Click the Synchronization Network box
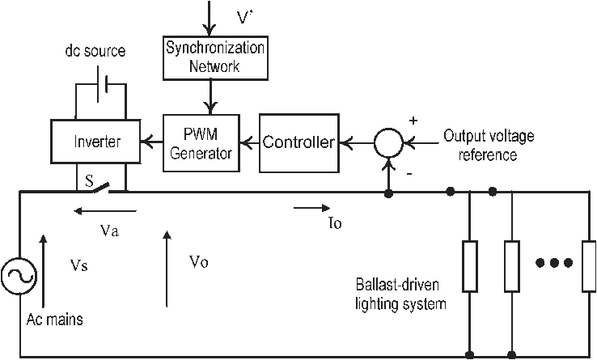point(215,57)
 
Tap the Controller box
point(298,143)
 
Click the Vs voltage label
point(80,265)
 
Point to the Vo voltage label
point(199,261)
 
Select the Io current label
point(332,225)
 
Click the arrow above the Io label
point(308,208)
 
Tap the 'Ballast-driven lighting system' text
point(401,295)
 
